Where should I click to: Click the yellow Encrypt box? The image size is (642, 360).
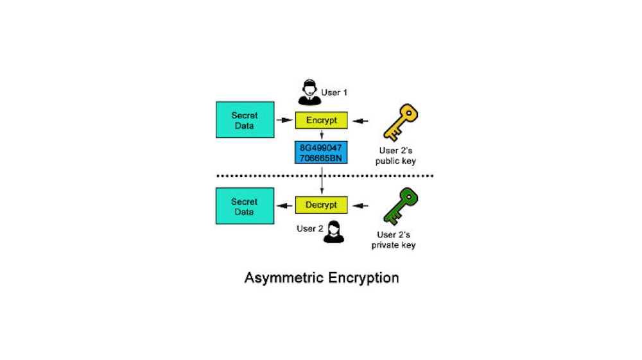pos(321,120)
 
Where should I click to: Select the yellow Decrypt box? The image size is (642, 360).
pos(321,205)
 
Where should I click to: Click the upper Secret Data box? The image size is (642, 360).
pos(244,120)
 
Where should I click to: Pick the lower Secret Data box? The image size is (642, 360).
pos(244,206)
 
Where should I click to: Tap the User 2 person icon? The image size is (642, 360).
pos(333,232)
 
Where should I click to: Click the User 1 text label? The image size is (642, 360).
pos(334,92)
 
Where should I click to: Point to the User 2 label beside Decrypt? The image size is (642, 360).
pos(309,228)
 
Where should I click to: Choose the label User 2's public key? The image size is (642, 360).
pos(395,156)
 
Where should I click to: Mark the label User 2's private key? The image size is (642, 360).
pos(395,240)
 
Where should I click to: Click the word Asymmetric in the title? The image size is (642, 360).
pos(284,279)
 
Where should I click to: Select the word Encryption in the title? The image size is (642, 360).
pos(363,278)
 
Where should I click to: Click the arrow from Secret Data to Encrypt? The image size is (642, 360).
pos(282,120)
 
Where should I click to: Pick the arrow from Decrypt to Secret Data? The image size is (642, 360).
pos(283,206)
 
